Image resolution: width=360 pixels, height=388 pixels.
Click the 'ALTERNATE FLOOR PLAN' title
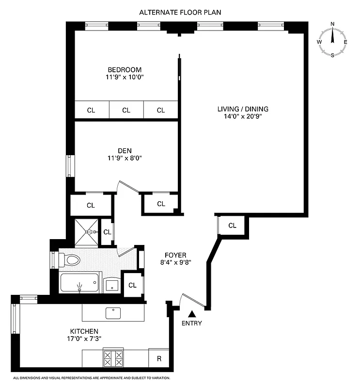pos(180,12)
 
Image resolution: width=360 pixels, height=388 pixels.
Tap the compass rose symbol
pos(332,42)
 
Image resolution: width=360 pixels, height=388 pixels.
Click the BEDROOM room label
pos(125,69)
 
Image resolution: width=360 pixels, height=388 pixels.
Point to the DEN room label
pos(125,150)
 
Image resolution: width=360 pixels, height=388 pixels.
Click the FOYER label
pos(175,255)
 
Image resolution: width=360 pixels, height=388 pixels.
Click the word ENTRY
pos(192,323)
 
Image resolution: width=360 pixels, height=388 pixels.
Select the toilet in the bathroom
pos(70,260)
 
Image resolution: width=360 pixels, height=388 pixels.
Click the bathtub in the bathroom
pos(79,283)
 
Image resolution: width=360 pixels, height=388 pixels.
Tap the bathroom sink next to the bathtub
pos(112,285)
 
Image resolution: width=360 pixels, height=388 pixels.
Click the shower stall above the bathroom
pos(87,231)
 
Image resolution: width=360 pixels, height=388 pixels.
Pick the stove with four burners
pos(113,359)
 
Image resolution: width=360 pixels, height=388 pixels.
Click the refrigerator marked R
pos(158,359)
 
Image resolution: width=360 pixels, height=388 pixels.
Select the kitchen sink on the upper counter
pos(113,313)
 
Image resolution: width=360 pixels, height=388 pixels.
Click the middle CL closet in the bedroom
pos(126,110)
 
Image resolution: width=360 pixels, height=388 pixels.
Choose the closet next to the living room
pos(232,225)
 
